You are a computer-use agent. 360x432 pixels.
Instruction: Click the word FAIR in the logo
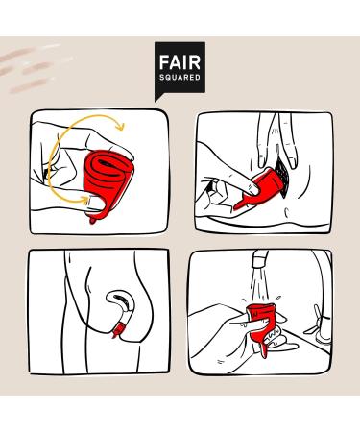click(x=180, y=62)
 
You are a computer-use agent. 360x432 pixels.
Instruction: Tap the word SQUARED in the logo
click(x=180, y=78)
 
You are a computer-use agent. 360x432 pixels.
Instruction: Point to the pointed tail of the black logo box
click(x=156, y=99)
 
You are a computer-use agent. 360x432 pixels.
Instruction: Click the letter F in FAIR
click(x=164, y=62)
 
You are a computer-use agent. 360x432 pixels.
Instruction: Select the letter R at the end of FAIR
click(x=195, y=62)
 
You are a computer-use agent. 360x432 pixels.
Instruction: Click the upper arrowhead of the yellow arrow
click(x=120, y=126)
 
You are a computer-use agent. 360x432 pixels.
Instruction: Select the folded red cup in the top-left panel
click(x=108, y=182)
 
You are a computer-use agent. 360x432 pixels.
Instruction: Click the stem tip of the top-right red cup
click(x=236, y=207)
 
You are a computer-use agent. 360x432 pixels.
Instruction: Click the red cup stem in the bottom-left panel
click(x=118, y=330)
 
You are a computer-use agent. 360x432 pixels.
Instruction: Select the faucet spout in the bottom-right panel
click(x=260, y=258)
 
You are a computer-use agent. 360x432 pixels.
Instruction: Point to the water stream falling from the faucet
click(x=261, y=285)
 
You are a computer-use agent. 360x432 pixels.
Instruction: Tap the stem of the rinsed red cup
click(x=261, y=349)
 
